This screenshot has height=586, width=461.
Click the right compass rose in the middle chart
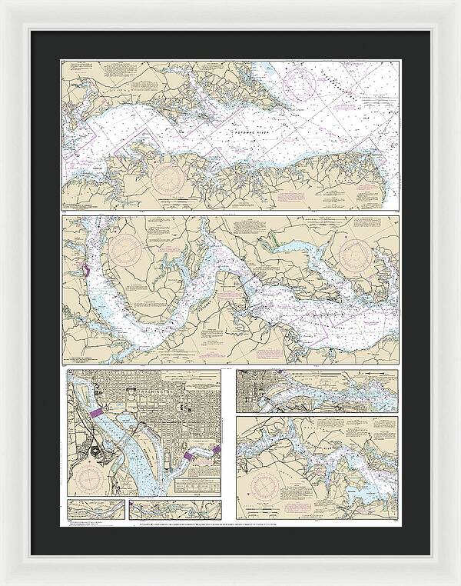coord(360,253)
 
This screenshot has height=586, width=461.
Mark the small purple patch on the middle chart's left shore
coord(85,271)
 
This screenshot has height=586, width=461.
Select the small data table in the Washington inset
coord(192,485)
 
